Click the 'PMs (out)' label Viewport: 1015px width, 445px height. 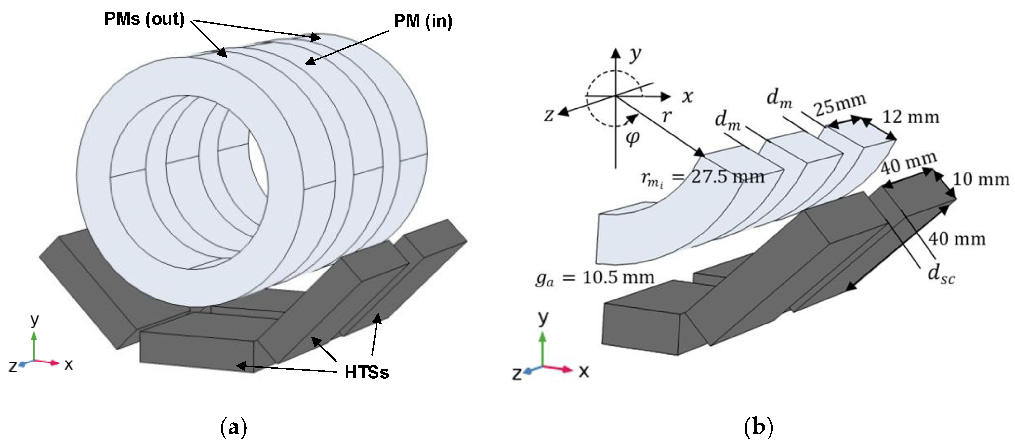click(144, 19)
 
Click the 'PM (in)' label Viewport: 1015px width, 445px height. click(423, 21)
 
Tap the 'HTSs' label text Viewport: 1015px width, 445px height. click(366, 372)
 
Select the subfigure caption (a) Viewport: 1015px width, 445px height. click(234, 427)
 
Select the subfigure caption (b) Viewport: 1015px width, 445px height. click(758, 427)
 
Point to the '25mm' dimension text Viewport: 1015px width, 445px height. click(840, 105)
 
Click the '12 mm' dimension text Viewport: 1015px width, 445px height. click(911, 117)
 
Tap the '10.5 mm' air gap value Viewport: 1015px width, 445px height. click(618, 278)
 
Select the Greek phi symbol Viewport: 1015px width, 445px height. click(632, 138)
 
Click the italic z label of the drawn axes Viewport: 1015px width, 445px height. click(549, 115)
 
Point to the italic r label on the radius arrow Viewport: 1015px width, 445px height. click(666, 116)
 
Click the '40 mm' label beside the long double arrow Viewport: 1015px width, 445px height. click(957, 239)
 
